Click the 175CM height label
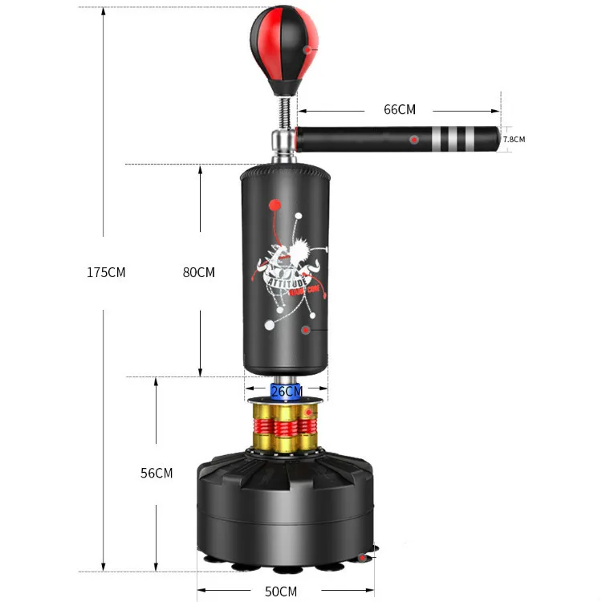click(x=106, y=272)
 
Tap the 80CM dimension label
click(x=199, y=272)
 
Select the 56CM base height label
click(x=157, y=473)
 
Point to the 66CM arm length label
click(x=399, y=110)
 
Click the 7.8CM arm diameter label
click(x=514, y=140)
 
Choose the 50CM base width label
click(x=281, y=592)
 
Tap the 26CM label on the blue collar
click(x=287, y=391)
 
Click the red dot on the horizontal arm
click(x=414, y=140)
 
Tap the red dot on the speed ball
click(x=307, y=50)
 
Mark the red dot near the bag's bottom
click(x=306, y=329)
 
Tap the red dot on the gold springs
click(x=305, y=413)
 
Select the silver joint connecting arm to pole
click(x=284, y=146)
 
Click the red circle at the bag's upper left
click(x=276, y=203)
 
